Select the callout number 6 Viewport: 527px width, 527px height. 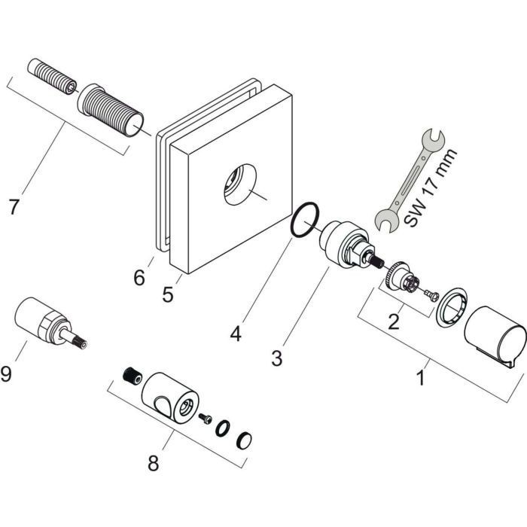139,278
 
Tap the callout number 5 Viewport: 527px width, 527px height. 167,294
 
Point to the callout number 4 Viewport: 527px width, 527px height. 236,332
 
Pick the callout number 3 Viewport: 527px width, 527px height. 278,359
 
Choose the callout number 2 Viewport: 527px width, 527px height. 393,323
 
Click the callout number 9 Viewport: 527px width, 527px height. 7,373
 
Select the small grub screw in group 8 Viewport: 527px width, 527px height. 132,373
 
